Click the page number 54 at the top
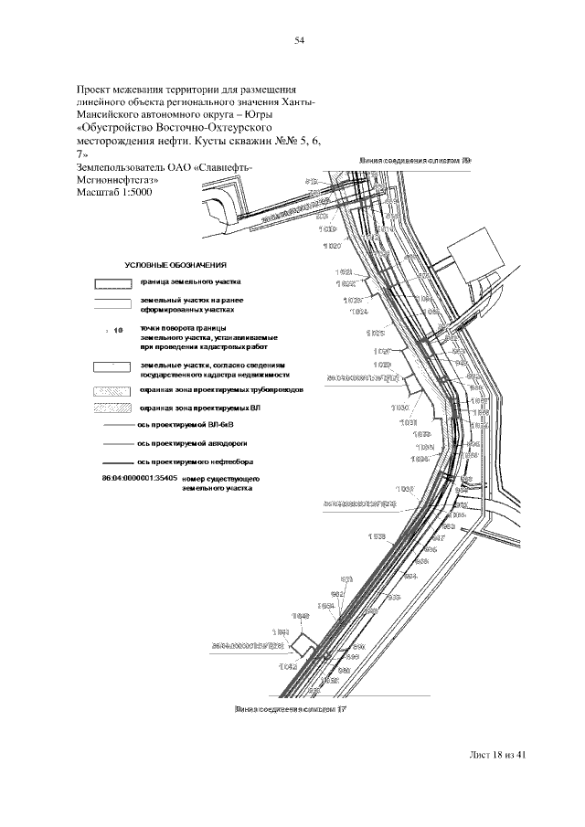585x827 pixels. tap(298, 40)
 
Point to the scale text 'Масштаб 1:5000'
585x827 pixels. tap(114, 194)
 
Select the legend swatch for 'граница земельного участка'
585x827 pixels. tap(113, 282)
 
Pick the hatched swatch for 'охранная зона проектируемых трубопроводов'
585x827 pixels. tap(113, 389)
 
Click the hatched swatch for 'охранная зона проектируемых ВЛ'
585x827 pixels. tap(113, 407)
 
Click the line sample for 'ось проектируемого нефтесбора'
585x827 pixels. tap(113, 461)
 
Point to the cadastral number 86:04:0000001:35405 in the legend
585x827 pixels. tap(134, 479)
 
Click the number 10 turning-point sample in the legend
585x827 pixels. tap(117, 332)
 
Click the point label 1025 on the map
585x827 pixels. tap(375, 333)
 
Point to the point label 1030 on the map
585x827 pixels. tap(399, 407)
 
